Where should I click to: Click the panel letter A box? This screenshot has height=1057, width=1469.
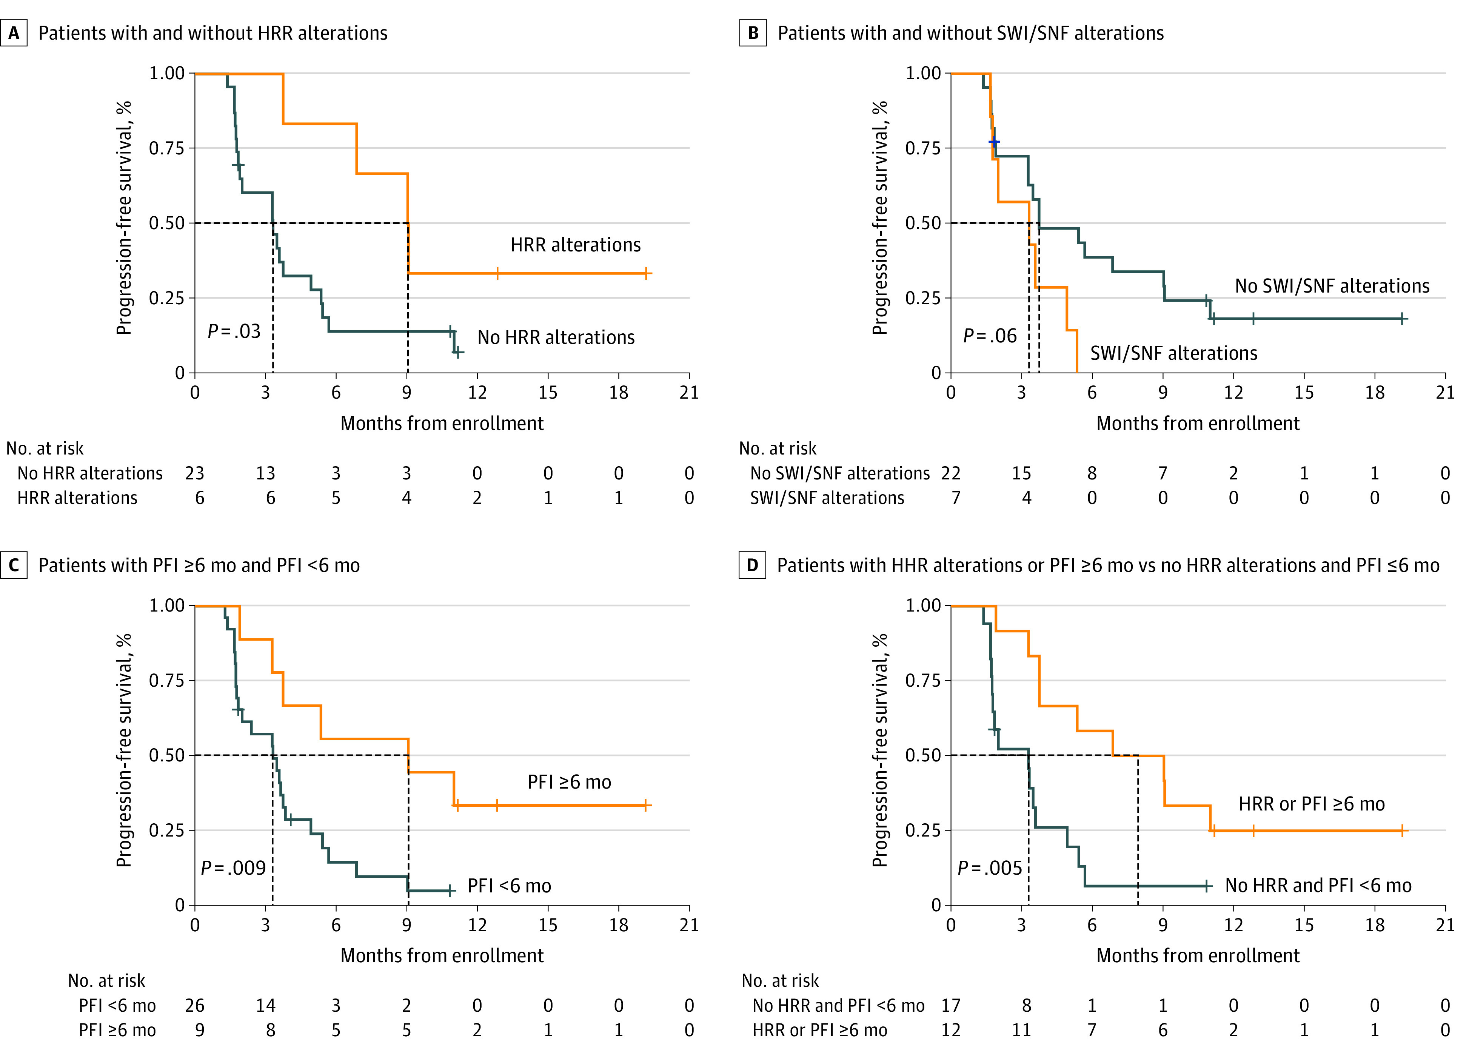click(14, 33)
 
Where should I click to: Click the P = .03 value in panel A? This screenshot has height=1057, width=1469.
click(234, 331)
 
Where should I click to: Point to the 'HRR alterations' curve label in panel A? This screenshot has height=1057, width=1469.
click(575, 245)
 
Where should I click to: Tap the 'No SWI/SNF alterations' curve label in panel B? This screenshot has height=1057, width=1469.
click(1332, 286)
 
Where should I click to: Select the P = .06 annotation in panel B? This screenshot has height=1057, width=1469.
click(990, 336)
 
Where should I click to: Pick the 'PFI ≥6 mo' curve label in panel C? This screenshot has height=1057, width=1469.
click(569, 783)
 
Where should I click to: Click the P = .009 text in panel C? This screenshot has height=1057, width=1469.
click(233, 868)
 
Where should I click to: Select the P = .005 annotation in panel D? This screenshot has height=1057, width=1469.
click(990, 868)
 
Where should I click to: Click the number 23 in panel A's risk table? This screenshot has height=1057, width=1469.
click(194, 473)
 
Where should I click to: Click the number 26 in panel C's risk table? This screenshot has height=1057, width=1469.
click(194, 1006)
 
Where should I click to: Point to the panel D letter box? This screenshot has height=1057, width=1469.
click(752, 565)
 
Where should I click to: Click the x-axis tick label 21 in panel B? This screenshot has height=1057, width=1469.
click(1445, 393)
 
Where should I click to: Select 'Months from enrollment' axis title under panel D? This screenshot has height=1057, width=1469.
click(1198, 956)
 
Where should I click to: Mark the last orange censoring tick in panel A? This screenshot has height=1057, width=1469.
click(647, 273)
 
